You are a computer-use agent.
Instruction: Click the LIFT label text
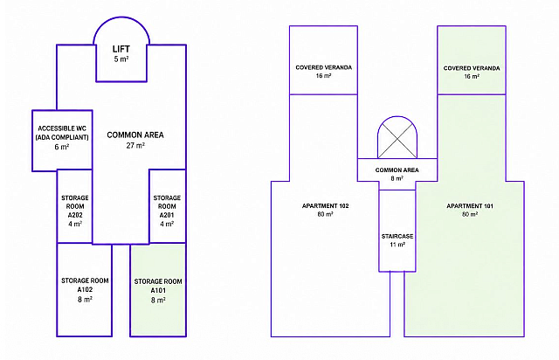tap(121, 49)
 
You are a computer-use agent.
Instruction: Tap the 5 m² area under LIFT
tap(121, 59)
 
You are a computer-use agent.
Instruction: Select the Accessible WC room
tap(62, 141)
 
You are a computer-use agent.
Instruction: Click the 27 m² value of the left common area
tap(135, 146)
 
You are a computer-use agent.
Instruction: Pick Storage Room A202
tap(75, 206)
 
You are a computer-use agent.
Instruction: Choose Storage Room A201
tap(167, 206)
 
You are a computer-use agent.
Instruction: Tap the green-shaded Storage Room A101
tap(158, 290)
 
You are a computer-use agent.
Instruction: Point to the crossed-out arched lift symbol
tap(397, 137)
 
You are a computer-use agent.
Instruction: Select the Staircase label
tap(397, 236)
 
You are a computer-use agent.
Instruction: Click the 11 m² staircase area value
tap(397, 245)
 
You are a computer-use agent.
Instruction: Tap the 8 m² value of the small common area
tap(397, 178)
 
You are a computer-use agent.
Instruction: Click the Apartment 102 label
tap(325, 206)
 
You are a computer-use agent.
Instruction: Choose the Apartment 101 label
tap(470, 206)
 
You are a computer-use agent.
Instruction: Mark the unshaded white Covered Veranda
tap(323, 60)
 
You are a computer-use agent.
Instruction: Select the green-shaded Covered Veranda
tap(472, 60)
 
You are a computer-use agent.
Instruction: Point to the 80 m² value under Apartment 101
tap(470, 214)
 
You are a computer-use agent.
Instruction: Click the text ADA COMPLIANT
tap(62, 137)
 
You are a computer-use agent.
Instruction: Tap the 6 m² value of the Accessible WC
tap(62, 147)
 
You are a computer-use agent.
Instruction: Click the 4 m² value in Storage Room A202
tap(75, 224)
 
